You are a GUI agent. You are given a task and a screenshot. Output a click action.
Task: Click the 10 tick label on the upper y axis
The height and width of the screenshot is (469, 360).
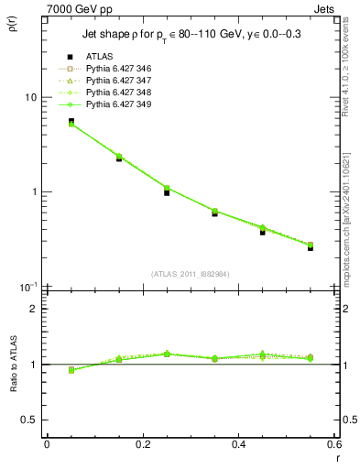point(29,98)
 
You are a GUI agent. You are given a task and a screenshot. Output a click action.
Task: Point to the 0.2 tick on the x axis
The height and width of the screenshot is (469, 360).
point(142,444)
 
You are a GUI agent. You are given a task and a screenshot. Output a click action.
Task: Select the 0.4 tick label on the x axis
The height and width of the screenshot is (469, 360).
point(238,444)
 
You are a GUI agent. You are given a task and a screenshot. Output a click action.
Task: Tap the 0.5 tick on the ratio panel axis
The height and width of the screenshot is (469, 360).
point(32,420)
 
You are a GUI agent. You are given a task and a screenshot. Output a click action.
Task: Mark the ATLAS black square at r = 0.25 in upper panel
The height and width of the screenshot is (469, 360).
point(167,192)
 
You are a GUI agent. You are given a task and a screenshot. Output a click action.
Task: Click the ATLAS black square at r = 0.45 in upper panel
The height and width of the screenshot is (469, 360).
point(263,232)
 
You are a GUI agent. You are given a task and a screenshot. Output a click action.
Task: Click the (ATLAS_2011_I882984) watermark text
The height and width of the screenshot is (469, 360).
point(191,274)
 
